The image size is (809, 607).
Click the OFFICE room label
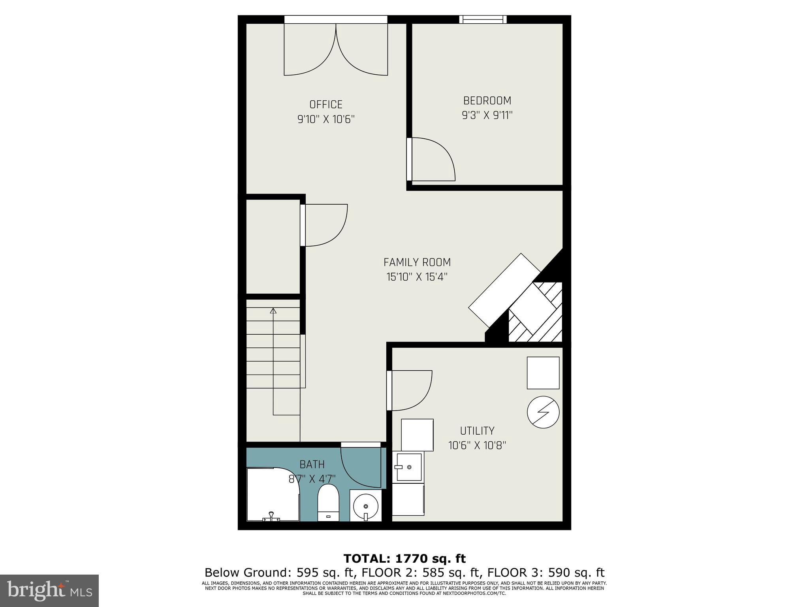(326, 104)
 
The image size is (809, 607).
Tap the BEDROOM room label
(487, 101)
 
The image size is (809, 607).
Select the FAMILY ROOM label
(417, 262)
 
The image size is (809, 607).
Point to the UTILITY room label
(477, 431)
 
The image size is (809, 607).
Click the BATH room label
(312, 464)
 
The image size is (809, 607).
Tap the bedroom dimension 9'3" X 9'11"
(487, 115)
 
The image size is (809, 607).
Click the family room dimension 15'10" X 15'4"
(417, 277)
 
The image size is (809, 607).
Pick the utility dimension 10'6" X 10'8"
(477, 445)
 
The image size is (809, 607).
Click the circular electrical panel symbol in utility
(543, 412)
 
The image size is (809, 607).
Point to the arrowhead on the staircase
(273, 311)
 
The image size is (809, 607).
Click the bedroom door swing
(433, 160)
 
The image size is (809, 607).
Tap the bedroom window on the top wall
(483, 19)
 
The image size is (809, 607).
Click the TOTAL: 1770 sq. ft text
(404, 558)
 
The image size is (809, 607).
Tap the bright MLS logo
(49, 591)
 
